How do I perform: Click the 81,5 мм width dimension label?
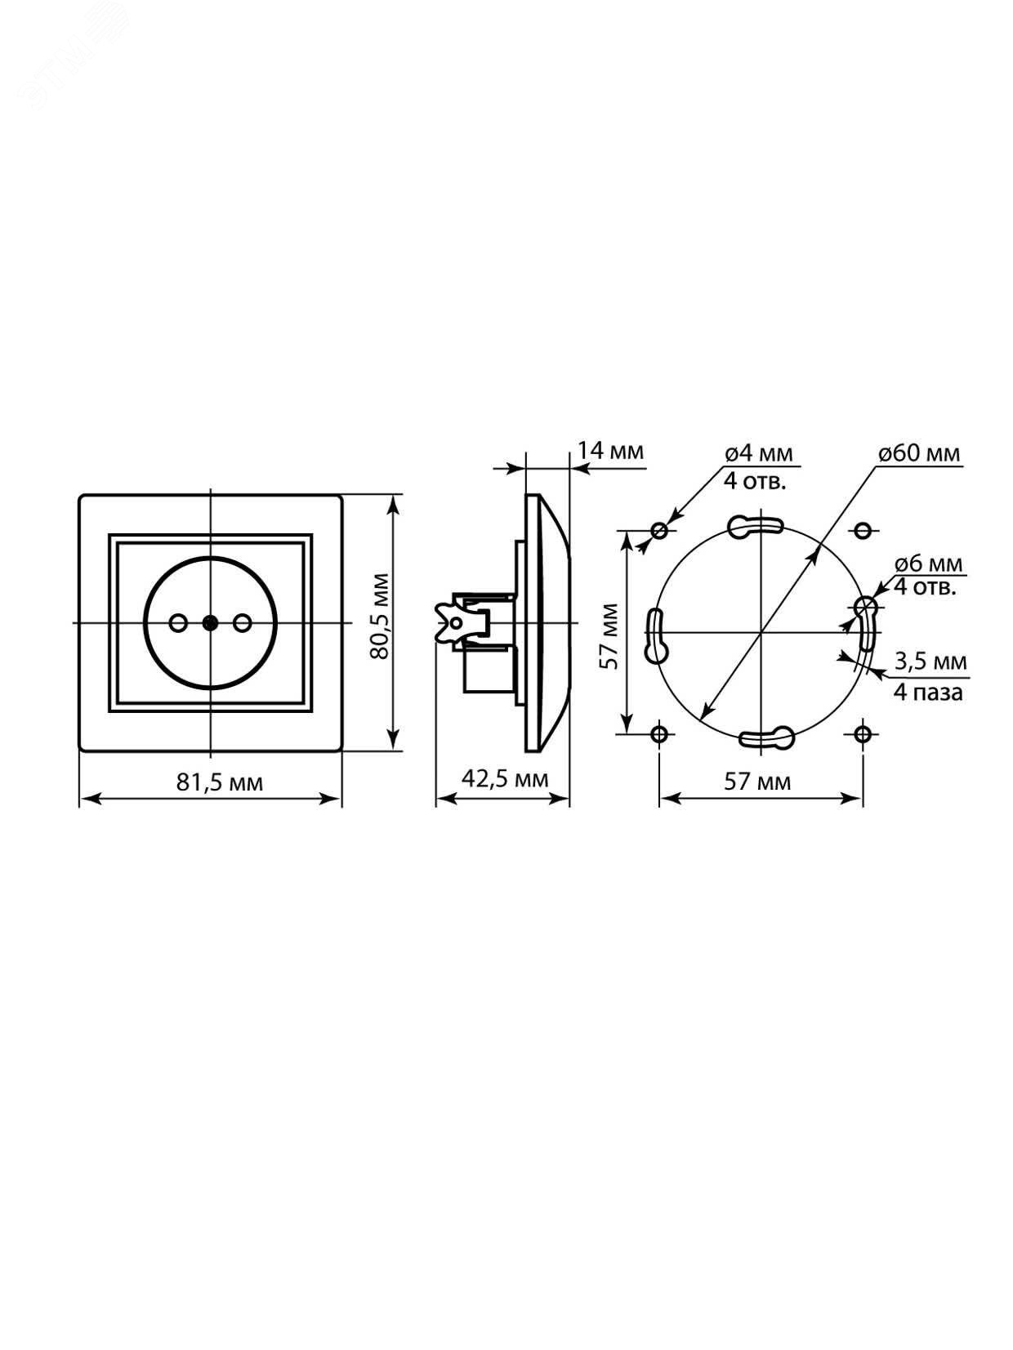[220, 783]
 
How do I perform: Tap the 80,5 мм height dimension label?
[381, 617]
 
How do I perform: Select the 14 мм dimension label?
[609, 452]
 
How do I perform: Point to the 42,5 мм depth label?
[504, 779]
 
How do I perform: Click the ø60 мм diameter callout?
[919, 454]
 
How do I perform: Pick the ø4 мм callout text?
[759, 454]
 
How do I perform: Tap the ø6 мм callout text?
[929, 564]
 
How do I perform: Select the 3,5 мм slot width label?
[930, 662]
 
